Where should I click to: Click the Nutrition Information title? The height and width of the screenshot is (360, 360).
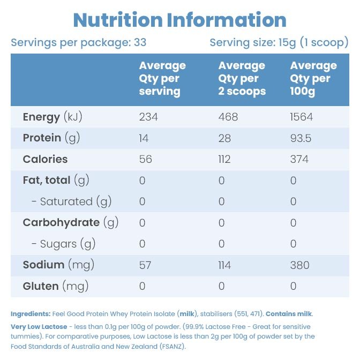(180, 20)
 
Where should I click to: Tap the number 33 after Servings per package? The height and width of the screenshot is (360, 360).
(140, 42)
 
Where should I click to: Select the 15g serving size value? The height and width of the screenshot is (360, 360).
(287, 43)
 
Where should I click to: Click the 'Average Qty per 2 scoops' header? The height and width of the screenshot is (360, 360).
(242, 79)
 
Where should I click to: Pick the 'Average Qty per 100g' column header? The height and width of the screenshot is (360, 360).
(313, 79)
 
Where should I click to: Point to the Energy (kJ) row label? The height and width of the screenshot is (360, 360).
(52, 117)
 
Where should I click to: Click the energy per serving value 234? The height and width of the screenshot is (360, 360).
(148, 117)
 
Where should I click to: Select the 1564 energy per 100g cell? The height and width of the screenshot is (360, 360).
(301, 117)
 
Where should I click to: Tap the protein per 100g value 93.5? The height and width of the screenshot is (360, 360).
(301, 138)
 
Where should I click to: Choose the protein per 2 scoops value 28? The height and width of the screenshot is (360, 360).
(224, 138)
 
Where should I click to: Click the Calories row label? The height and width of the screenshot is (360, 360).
(45, 159)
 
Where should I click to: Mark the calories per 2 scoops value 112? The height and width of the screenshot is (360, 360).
(224, 159)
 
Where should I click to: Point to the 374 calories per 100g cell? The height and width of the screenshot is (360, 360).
(299, 159)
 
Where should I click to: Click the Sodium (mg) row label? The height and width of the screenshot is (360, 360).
(58, 265)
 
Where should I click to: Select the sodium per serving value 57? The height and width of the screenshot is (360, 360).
(145, 265)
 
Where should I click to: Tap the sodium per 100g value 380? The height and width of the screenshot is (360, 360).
(299, 265)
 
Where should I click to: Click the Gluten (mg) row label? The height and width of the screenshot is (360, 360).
(56, 286)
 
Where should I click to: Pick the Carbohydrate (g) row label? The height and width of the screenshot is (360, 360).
(71, 222)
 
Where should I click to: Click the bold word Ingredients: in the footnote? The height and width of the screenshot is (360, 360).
(31, 314)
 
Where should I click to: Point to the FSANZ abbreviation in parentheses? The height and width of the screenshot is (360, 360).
(172, 347)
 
